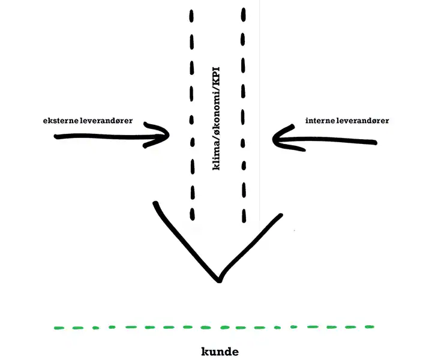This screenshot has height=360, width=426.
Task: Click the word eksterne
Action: click(x=61, y=121)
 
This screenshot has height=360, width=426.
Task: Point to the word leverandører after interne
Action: click(x=366, y=121)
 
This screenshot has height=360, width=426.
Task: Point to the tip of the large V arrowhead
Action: click(x=219, y=280)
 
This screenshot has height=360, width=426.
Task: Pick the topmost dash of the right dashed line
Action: click(x=244, y=14)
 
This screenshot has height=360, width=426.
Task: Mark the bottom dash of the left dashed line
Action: click(x=193, y=214)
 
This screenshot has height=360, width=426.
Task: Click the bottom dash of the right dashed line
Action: click(x=244, y=214)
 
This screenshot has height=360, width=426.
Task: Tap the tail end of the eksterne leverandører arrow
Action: click(x=57, y=137)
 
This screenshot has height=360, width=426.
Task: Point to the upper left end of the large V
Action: click(x=156, y=205)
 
